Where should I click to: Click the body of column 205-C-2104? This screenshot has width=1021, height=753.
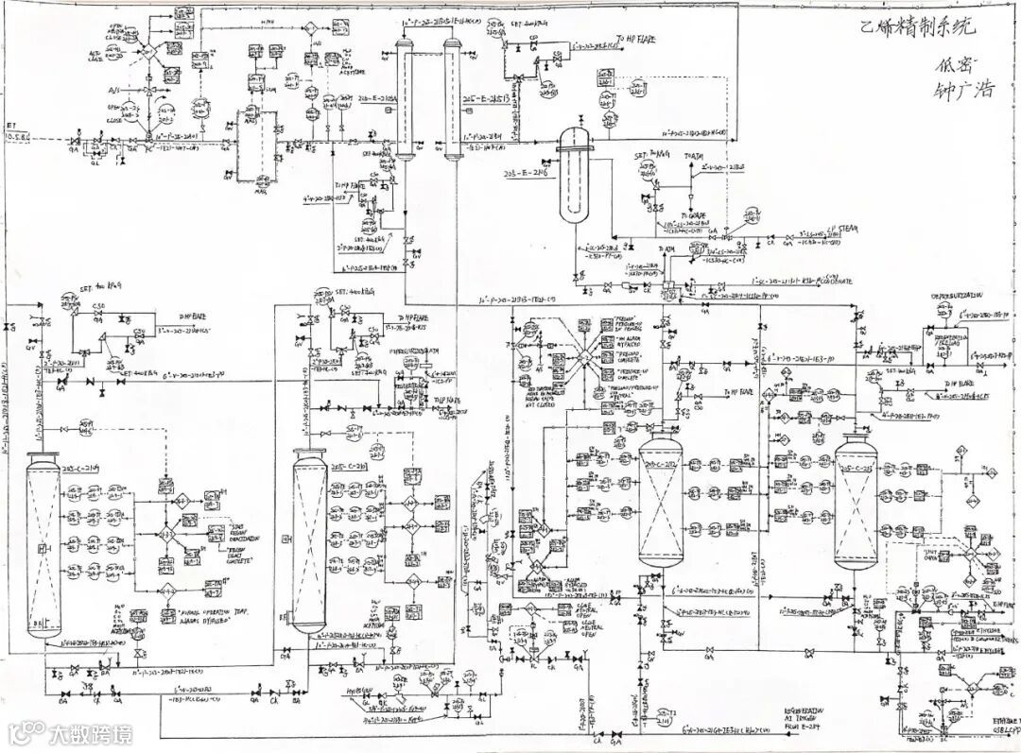pos(43,543)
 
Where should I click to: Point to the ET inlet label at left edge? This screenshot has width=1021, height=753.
pos(17,130)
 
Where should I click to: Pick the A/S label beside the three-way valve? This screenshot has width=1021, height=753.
pos(114,91)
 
